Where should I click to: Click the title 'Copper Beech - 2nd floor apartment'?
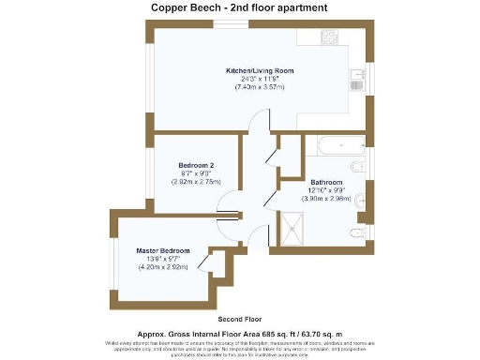pyautogui.click(x=239, y=7)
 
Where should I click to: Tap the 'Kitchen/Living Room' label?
pyautogui.click(x=260, y=71)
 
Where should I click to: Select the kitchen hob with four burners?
pyautogui.click(x=329, y=37)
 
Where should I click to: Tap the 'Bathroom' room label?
pyautogui.click(x=327, y=182)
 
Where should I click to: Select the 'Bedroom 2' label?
pyautogui.click(x=196, y=165)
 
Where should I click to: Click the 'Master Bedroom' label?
pyautogui.click(x=163, y=251)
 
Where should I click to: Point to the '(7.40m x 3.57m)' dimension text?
pyautogui.click(x=260, y=87)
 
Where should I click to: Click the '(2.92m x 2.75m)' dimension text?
pyautogui.click(x=196, y=181)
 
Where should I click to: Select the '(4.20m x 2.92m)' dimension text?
pyautogui.click(x=163, y=266)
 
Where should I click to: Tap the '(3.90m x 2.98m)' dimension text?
pyautogui.click(x=327, y=198)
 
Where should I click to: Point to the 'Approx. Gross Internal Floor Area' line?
pyautogui.click(x=239, y=333)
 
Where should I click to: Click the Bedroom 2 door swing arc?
pyautogui.click(x=227, y=202)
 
